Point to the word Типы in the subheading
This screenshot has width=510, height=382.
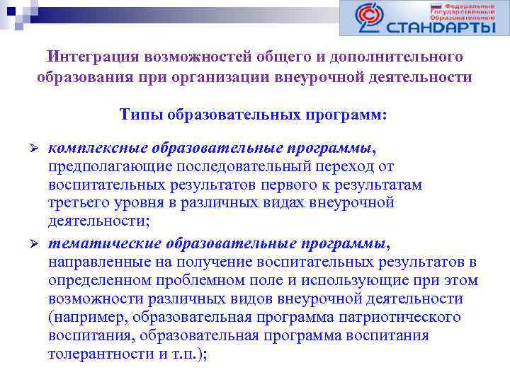pyautogui.click(x=140, y=114)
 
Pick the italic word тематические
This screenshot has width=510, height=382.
pyautogui.click(x=105, y=243)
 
